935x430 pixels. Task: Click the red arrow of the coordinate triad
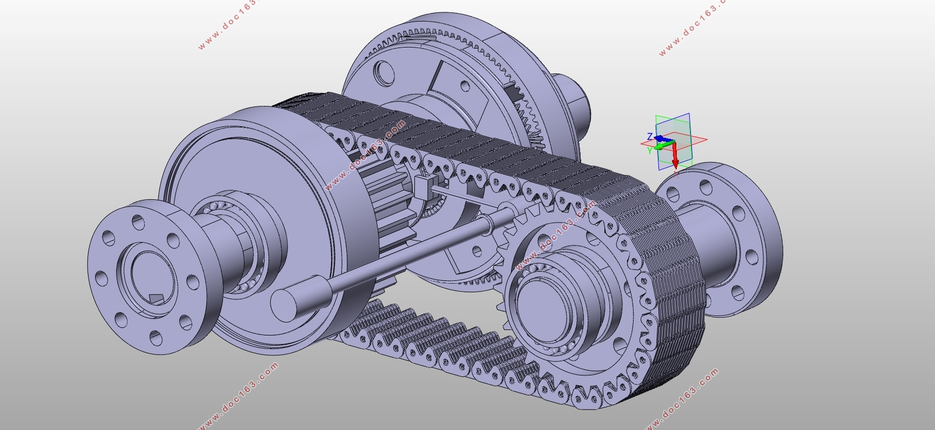pyautogui.click(x=675, y=157)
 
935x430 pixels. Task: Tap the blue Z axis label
pyautogui.click(x=650, y=137)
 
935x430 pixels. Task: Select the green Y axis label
pyautogui.click(x=650, y=151)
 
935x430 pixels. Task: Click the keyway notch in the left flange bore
pyautogui.click(x=156, y=299)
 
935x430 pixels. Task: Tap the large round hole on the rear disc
pyautogui.click(x=384, y=72)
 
